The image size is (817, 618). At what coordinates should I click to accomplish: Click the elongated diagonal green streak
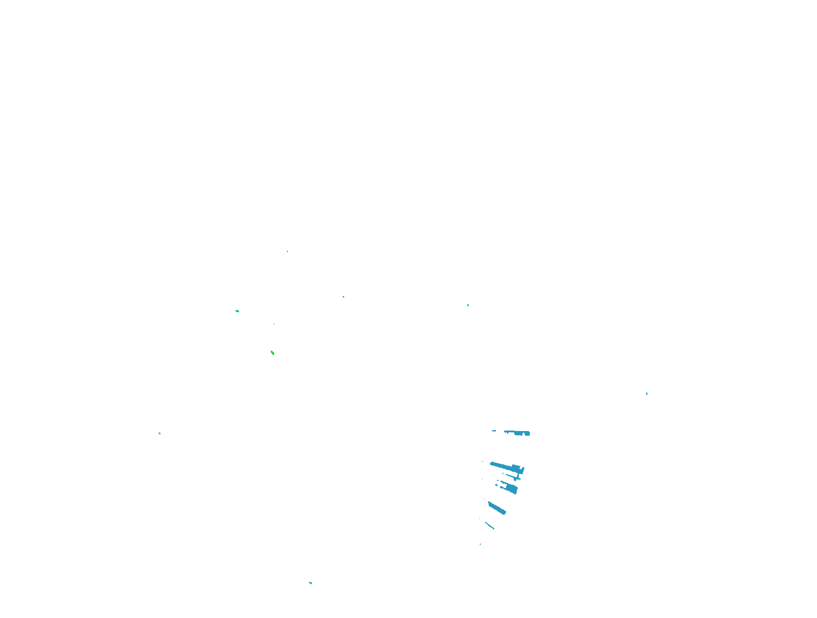coord(272,353)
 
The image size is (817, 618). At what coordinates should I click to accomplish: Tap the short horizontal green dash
coord(237,311)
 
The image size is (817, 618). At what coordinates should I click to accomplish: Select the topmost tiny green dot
coord(287,251)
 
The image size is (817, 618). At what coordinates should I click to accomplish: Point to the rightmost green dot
coord(468,305)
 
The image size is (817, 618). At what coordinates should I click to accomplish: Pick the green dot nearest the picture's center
coord(343,297)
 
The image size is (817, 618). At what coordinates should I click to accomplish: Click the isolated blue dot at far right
coord(647,393)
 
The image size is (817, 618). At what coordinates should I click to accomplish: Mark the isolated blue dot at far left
coord(160,433)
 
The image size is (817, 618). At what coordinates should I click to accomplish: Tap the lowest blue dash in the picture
coord(311,583)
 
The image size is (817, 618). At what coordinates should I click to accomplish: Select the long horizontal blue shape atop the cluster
coord(517,433)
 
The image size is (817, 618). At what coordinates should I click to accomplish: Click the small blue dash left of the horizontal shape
coord(494,431)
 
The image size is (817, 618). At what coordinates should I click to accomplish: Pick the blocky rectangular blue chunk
coord(511,488)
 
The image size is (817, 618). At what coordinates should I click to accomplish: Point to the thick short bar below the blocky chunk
coord(497,508)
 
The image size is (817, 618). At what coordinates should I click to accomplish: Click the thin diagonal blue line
coord(490,525)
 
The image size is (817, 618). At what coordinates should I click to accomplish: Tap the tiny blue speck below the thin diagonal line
coord(480,544)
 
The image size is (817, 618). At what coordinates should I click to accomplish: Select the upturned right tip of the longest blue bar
coord(522,469)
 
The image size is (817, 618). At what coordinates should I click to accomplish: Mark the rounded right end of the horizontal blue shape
coord(528,434)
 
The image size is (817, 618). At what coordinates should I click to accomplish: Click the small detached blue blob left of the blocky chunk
coord(497,485)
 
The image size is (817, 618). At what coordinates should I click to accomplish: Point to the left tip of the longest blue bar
coord(491,463)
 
